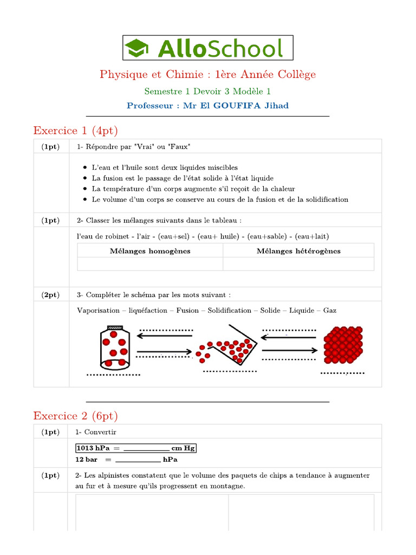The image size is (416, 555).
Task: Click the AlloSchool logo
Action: tap(208, 48)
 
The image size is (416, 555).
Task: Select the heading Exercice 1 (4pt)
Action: tap(75, 131)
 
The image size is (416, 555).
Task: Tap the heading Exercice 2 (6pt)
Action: tap(75, 416)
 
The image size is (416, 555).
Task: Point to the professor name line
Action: tap(208, 106)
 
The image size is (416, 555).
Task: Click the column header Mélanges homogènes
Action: tap(150, 251)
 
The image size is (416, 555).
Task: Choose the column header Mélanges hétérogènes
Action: tap(298, 251)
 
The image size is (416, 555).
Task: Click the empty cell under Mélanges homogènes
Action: tap(150, 263)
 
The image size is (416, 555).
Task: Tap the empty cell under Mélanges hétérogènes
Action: tap(298, 263)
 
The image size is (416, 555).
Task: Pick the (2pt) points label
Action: tap(51, 295)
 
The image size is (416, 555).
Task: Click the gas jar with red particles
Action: tap(114, 347)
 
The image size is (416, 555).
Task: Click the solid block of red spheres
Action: tap(343, 345)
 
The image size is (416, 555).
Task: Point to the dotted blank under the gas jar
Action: tap(113, 375)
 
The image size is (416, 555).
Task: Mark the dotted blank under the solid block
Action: tap(342, 373)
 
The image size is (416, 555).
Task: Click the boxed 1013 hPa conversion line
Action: tap(135, 448)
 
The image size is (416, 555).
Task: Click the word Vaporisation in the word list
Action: tap(98, 311)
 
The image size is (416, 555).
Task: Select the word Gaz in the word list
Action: tap(330, 311)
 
